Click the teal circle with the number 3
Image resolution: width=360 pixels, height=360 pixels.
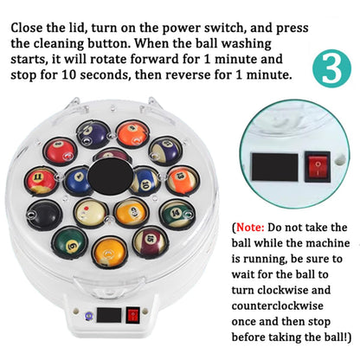click(x=331, y=68)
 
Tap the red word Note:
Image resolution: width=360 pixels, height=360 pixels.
click(x=250, y=228)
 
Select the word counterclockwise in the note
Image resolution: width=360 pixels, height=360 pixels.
click(x=277, y=305)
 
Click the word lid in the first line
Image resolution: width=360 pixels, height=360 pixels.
click(x=80, y=28)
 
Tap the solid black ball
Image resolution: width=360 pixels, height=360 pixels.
click(x=45, y=215)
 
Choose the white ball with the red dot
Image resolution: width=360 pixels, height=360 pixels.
click(x=91, y=213)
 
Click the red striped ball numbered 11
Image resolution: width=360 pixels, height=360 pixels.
click(x=41, y=181)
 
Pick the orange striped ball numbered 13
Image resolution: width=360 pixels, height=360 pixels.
click(x=183, y=180)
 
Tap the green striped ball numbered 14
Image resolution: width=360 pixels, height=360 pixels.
click(x=177, y=215)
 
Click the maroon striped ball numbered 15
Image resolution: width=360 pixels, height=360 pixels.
click(x=150, y=241)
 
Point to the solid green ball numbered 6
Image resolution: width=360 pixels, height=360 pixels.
click(x=70, y=242)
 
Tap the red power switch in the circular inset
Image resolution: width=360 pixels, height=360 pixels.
click(x=318, y=167)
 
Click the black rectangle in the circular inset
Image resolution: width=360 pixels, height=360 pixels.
click(x=275, y=167)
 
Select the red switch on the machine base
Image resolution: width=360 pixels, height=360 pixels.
click(x=133, y=315)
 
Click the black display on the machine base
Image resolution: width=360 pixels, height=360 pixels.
click(x=109, y=315)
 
